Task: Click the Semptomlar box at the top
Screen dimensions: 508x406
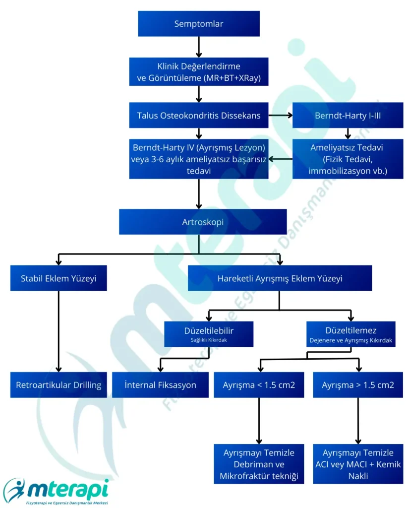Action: [x=199, y=24]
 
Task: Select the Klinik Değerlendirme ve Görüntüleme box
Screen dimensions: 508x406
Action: [x=199, y=72]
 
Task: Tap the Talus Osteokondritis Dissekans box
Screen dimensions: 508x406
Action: [x=199, y=116]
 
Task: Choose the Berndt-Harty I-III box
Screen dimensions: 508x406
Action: [x=348, y=116]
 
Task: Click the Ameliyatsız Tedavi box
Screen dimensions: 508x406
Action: [x=348, y=159]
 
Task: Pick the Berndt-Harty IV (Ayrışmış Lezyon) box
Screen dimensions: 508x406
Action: [x=199, y=159]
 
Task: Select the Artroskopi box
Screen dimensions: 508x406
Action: [x=203, y=222]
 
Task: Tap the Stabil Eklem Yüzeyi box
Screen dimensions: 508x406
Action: [x=58, y=278]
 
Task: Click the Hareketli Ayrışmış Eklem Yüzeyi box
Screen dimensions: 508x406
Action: [x=280, y=278]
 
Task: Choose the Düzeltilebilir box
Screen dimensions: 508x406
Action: [x=209, y=334]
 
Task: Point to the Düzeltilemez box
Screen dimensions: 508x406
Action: [x=350, y=334]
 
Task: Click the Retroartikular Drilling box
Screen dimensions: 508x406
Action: [x=58, y=384]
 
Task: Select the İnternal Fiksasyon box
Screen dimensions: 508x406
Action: [x=160, y=384]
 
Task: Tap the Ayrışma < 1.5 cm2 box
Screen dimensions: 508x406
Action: [x=259, y=384]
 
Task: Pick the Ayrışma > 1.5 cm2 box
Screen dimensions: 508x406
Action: [x=358, y=384]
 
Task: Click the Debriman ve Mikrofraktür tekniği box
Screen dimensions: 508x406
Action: [x=259, y=464]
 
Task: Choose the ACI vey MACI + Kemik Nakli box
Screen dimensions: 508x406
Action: [x=358, y=464]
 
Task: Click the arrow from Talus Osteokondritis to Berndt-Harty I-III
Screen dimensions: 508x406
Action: [x=281, y=116]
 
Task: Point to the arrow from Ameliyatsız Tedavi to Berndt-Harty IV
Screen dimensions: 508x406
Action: [x=281, y=159]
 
